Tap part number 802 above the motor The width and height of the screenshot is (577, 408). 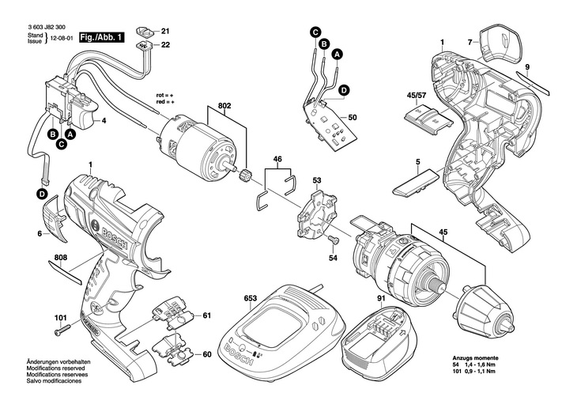tap(224, 106)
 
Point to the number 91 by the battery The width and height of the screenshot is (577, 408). tap(381, 298)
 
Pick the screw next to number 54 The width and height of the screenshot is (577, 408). tap(332, 240)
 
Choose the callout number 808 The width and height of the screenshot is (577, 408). tap(61, 258)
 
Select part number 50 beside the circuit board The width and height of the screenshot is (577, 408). tap(353, 118)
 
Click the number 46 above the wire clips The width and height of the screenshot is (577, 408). tap(277, 160)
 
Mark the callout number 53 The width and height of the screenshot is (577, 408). tap(316, 181)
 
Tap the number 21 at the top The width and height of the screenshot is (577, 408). tap(166, 32)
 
